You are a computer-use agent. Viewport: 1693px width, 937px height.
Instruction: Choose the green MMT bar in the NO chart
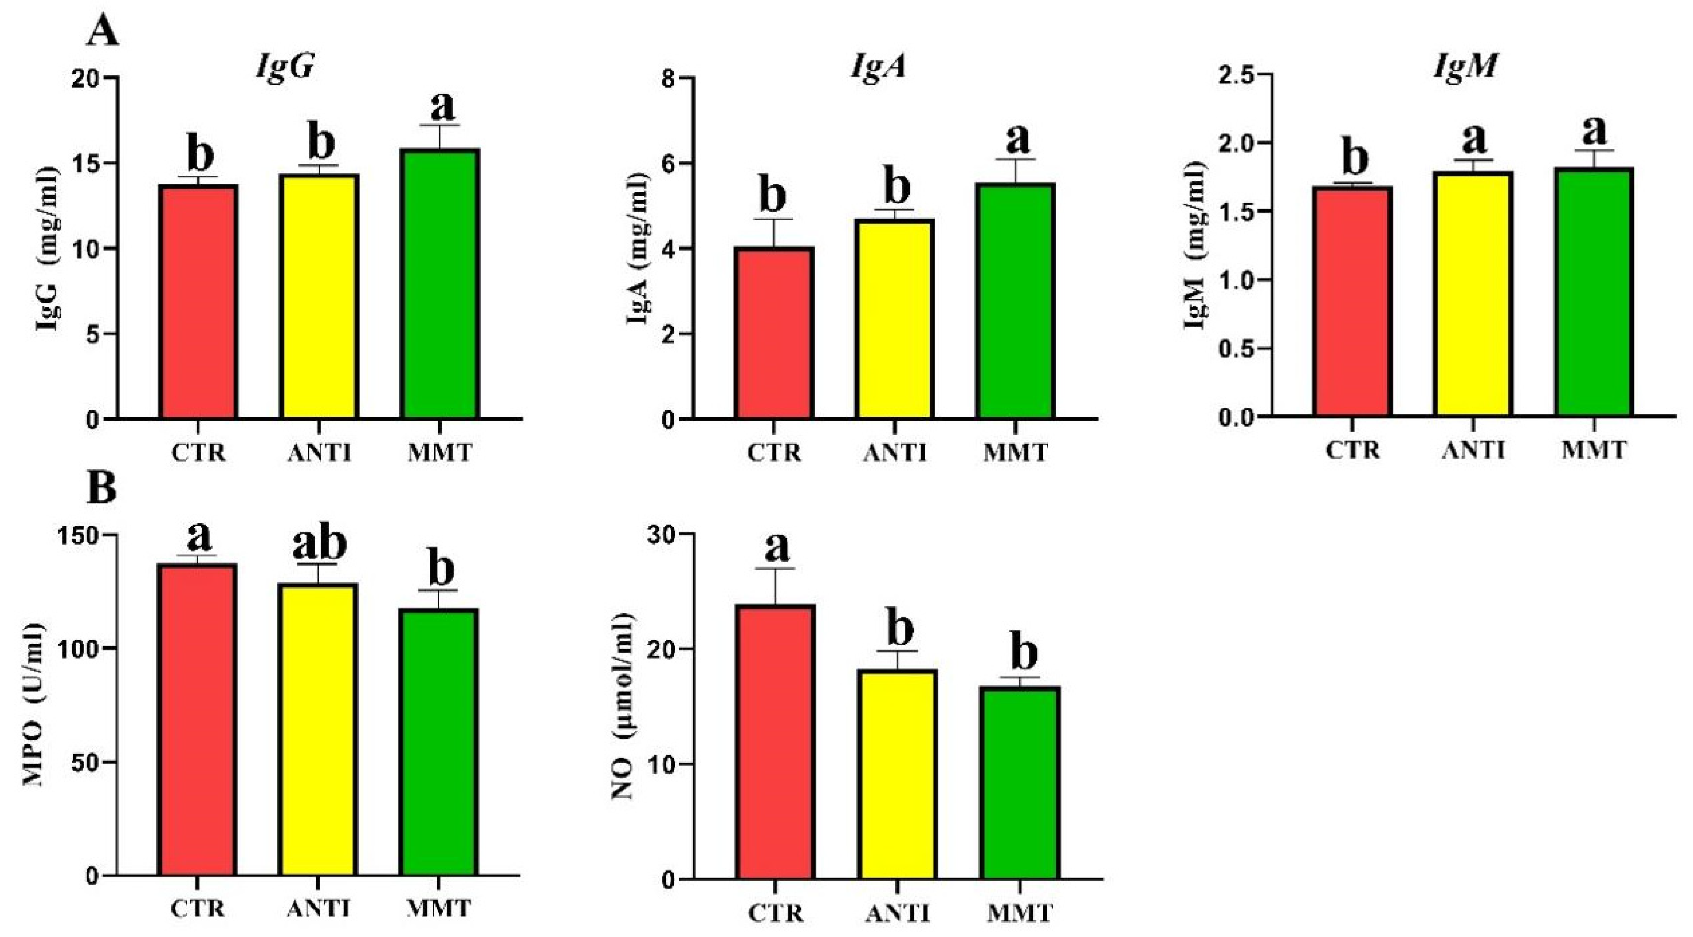click(1020, 783)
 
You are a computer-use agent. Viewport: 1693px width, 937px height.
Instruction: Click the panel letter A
click(103, 31)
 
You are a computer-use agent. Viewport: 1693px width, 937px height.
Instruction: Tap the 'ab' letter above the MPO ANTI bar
click(319, 543)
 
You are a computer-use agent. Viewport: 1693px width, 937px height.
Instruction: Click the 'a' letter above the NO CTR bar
click(776, 547)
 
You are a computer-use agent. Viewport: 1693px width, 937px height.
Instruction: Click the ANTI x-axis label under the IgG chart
click(320, 453)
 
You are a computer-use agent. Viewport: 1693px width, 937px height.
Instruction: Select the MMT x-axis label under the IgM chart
click(1593, 450)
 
